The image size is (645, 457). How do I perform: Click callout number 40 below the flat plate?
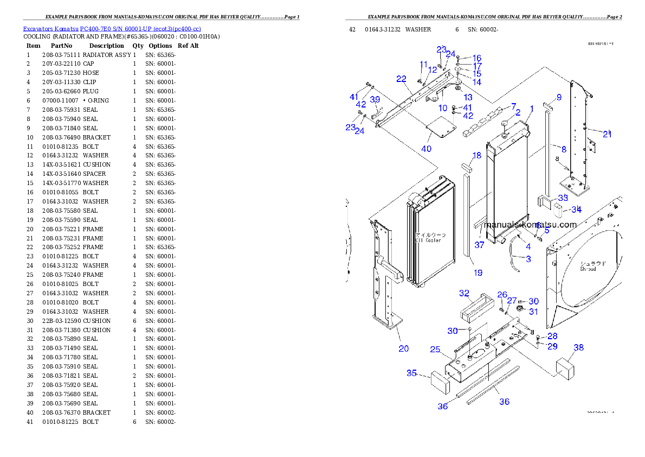pyautogui.click(x=426, y=149)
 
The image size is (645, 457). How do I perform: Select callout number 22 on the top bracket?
pyautogui.click(x=401, y=79)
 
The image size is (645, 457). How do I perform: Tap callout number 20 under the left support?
pyautogui.click(x=404, y=348)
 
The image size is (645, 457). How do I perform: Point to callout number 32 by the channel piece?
pyautogui.click(x=464, y=294)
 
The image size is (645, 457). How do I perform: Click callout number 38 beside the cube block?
pyautogui.click(x=579, y=347)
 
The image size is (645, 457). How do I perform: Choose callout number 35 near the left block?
pyautogui.click(x=412, y=373)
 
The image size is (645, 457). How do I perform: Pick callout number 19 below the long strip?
pyautogui.click(x=478, y=273)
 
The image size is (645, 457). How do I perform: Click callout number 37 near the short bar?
pyautogui.click(x=479, y=245)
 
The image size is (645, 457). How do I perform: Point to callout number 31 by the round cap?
pyautogui.click(x=533, y=312)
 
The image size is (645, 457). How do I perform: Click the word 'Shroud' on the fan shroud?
pyautogui.click(x=588, y=269)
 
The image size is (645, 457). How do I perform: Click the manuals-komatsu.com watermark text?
pyautogui.click(x=530, y=225)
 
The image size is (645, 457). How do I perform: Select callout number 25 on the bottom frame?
pyautogui.click(x=435, y=350)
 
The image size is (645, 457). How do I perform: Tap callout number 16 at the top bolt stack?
pyautogui.click(x=476, y=58)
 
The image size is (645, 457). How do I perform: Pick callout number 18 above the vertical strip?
pyautogui.click(x=476, y=156)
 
